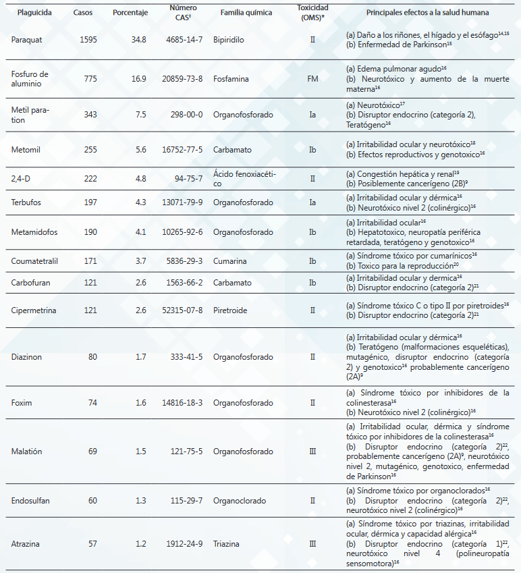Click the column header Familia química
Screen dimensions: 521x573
246,13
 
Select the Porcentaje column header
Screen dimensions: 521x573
130,13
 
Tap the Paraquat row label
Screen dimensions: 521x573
27,40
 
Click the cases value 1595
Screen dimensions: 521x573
88,40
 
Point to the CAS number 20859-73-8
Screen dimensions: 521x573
182,79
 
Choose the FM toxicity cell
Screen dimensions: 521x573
312,79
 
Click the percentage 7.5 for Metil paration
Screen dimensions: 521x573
140,115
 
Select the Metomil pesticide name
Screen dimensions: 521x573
26,150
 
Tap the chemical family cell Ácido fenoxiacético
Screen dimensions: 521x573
244,179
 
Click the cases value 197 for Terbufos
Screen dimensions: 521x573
90,202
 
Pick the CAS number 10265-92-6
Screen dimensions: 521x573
182,232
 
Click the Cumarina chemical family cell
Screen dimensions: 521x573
230,261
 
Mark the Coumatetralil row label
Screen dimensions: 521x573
34,261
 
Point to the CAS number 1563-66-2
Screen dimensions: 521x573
184,283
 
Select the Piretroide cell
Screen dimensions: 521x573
230,310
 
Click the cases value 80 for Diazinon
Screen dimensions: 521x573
92,357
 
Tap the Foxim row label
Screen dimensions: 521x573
22,403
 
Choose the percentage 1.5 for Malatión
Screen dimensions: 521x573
140,452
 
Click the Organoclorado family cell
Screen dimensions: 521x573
240,501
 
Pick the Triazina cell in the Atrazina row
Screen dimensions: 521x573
226,544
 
